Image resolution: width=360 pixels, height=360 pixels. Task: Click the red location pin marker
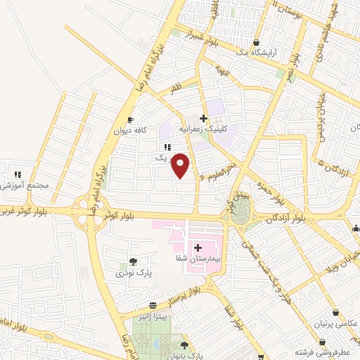pos(181,165)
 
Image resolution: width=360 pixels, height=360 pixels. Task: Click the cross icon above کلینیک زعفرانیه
pos(203,119)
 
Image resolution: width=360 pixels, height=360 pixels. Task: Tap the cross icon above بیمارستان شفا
pos(198,247)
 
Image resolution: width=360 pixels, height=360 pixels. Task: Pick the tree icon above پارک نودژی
pos(134,261)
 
